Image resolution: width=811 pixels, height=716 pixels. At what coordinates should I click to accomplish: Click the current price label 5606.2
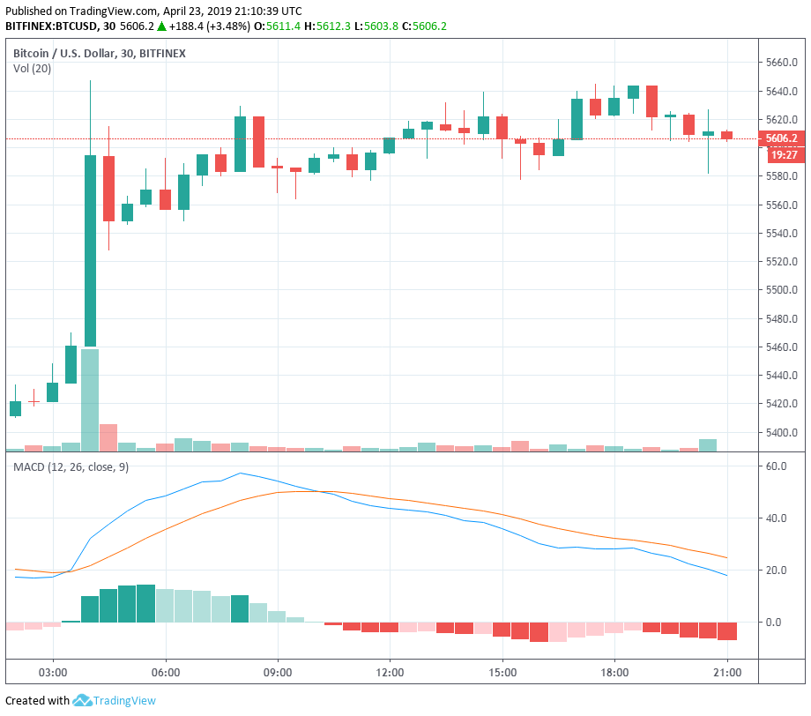[782, 138]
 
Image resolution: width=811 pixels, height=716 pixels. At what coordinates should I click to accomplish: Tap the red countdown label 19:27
[783, 154]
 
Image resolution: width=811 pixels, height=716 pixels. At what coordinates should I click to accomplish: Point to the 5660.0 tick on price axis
[782, 63]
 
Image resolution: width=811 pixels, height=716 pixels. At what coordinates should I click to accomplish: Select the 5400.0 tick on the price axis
[782, 433]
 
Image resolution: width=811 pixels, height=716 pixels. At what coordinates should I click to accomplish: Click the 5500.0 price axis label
[782, 290]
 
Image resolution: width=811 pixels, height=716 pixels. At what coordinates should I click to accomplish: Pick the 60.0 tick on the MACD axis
[776, 466]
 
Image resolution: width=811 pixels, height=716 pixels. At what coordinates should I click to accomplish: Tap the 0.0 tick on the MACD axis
[772, 623]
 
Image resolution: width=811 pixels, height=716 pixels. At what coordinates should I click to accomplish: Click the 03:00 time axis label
[53, 672]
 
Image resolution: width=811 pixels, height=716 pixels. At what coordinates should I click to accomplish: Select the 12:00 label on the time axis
[390, 672]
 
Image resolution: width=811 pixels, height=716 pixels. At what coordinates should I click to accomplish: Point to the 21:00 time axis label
[727, 672]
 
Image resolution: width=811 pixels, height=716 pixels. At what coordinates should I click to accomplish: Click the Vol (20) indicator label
[32, 69]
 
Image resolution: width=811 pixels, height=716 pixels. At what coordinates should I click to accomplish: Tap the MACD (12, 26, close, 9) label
[71, 466]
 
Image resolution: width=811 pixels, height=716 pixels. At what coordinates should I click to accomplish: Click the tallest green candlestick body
[90, 250]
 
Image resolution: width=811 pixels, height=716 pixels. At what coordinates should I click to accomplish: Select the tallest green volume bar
[90, 399]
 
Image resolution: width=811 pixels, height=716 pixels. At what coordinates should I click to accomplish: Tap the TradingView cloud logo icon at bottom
[83, 701]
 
